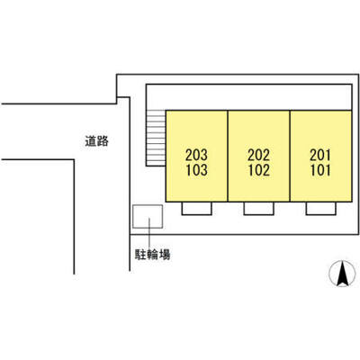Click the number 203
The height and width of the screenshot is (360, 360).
pyautogui.click(x=196, y=155)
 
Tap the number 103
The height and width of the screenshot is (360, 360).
pyautogui.click(x=196, y=170)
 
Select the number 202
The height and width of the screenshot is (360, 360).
pyautogui.click(x=258, y=155)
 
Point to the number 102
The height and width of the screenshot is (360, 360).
pyautogui.click(x=258, y=170)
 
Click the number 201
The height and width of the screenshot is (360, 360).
pyautogui.click(x=320, y=155)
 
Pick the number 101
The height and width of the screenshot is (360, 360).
pyautogui.click(x=320, y=170)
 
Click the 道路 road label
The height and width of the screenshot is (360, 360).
pyautogui.click(x=96, y=141)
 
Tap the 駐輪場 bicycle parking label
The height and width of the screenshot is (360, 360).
pyautogui.click(x=152, y=255)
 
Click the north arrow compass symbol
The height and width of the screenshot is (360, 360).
pyautogui.click(x=342, y=274)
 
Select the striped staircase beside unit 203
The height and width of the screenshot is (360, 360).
pyautogui.click(x=156, y=138)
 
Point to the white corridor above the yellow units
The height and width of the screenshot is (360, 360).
pyautogui.click(x=248, y=97)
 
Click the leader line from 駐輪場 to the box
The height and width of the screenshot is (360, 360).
pyautogui.click(x=149, y=233)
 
